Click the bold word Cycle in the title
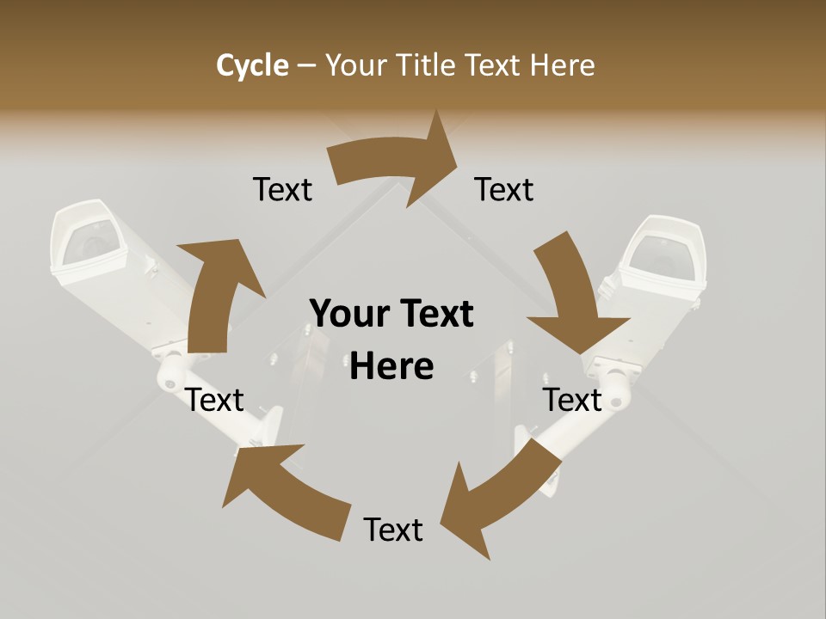pyautogui.click(x=252, y=65)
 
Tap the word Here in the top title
pyautogui.click(x=563, y=65)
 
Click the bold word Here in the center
pyautogui.click(x=391, y=366)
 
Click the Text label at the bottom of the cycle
pyautogui.click(x=393, y=530)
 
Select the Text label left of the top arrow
pyautogui.click(x=282, y=189)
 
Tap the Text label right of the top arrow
pyautogui.click(x=504, y=189)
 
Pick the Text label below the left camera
pyautogui.click(x=215, y=400)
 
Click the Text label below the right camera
pyautogui.click(x=572, y=400)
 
